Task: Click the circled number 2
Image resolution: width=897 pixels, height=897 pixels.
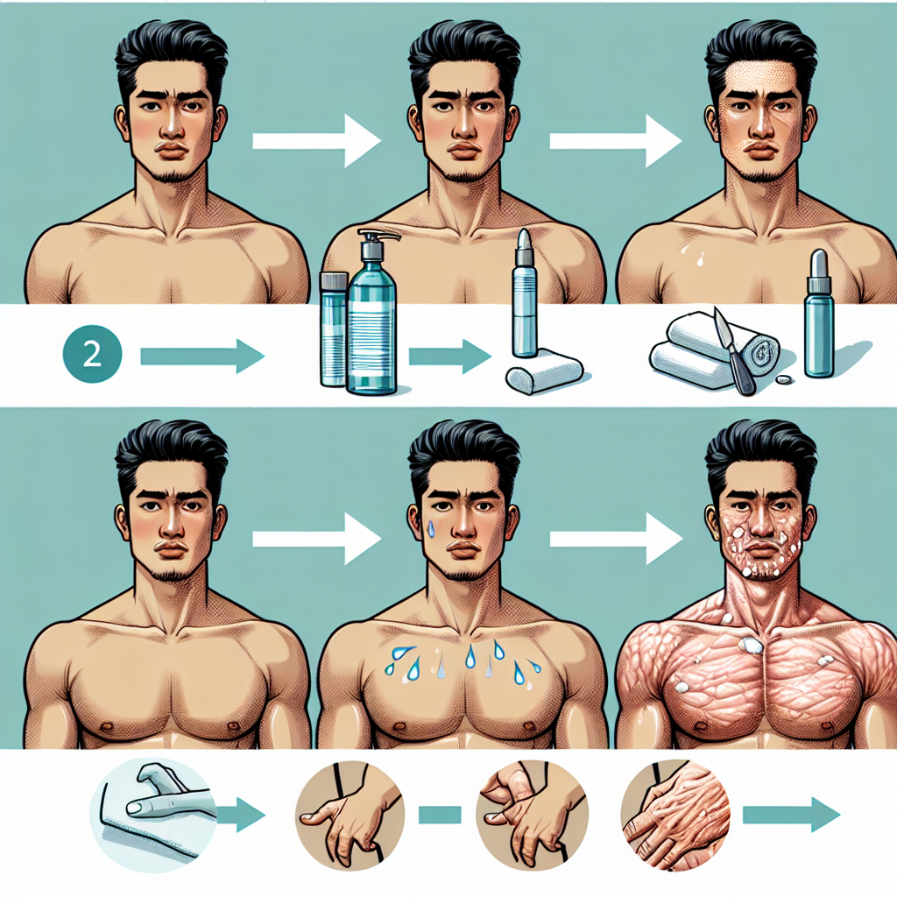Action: click(x=90, y=355)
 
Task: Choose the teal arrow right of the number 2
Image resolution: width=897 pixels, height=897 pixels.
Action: click(x=202, y=357)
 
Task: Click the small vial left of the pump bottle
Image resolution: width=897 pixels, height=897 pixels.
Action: click(x=333, y=328)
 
